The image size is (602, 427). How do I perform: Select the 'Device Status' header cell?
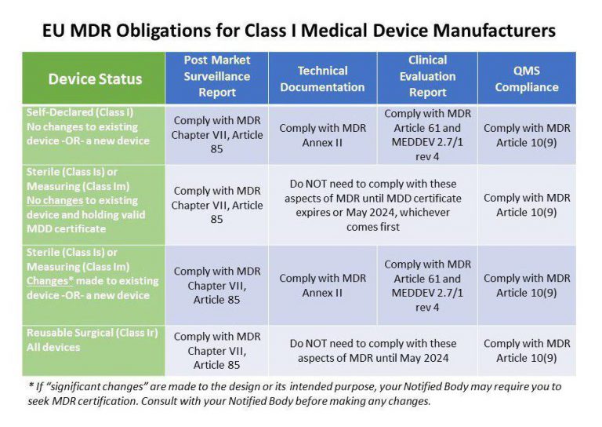(x=94, y=78)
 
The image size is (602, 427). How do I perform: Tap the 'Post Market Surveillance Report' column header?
(x=216, y=77)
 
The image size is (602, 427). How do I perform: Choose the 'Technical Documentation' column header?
(x=322, y=78)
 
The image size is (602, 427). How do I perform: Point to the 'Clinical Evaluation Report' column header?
(x=427, y=77)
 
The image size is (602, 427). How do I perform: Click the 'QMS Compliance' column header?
(x=526, y=78)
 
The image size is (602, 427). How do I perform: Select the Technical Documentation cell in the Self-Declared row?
(x=322, y=135)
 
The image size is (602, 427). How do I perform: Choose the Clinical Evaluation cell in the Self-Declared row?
(x=427, y=135)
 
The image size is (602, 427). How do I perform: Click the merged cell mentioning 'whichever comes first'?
(x=372, y=205)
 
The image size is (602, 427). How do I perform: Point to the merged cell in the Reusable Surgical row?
(x=372, y=351)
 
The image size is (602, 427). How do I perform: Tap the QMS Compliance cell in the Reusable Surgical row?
(x=526, y=351)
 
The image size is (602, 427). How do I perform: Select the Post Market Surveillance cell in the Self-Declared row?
(x=216, y=135)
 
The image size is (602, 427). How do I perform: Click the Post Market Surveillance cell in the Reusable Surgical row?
(x=216, y=351)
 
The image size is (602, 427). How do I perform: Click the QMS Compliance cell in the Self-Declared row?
(x=526, y=135)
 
